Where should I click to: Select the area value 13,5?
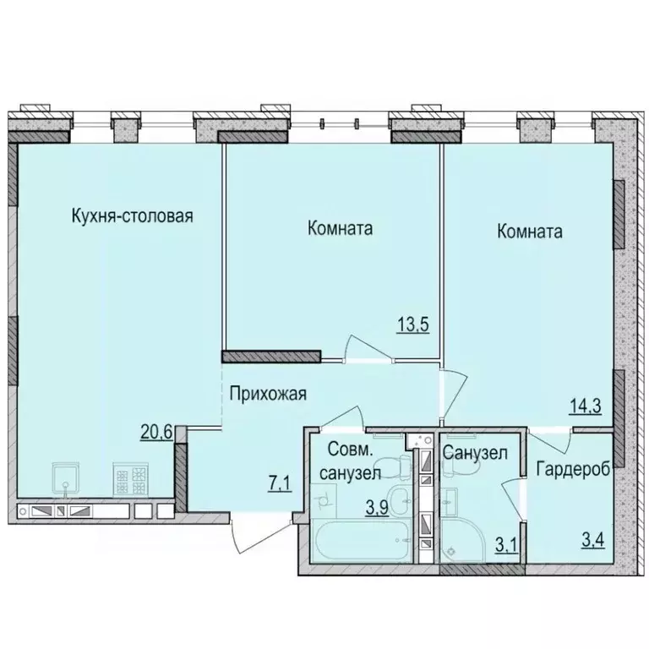pyautogui.click(x=414, y=324)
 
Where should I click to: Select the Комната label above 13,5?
pyautogui.click(x=341, y=229)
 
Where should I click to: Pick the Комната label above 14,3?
pyautogui.click(x=530, y=231)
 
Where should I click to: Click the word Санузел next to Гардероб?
pyautogui.click(x=475, y=453)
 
